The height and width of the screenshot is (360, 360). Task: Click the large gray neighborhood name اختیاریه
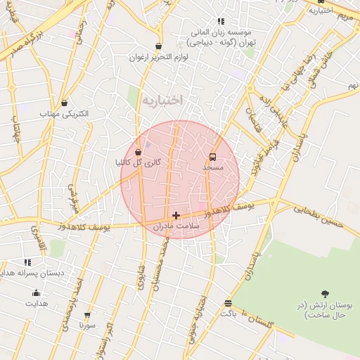(162, 101)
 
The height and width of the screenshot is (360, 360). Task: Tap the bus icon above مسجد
(213, 157)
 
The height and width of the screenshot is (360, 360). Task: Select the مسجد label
(213, 168)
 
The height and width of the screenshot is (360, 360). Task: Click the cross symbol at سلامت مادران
(176, 215)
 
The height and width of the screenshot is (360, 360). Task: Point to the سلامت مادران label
(176, 226)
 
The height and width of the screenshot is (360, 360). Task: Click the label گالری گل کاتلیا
(139, 162)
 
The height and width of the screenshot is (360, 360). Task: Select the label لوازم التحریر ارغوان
(159, 57)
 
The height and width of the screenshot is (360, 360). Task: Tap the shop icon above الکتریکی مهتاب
(65, 103)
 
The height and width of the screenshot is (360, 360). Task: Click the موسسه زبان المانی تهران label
(221, 37)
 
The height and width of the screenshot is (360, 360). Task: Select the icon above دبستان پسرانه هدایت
(27, 262)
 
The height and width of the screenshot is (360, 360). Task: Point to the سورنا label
(87, 326)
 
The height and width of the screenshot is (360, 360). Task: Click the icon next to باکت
(228, 303)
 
